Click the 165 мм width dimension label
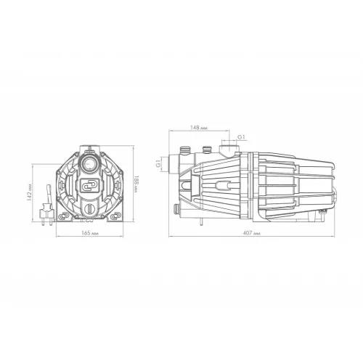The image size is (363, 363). [90, 233]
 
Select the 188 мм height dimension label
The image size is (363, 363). [136, 184]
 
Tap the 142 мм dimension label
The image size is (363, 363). [29, 192]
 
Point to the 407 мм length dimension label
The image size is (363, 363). [252, 233]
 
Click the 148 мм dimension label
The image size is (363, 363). [199, 128]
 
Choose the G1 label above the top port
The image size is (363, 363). [241, 137]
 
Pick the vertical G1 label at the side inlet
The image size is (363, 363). [158, 163]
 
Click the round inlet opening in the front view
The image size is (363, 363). [89, 163]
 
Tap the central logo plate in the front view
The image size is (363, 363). [89, 186]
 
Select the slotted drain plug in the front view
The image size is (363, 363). [90, 208]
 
